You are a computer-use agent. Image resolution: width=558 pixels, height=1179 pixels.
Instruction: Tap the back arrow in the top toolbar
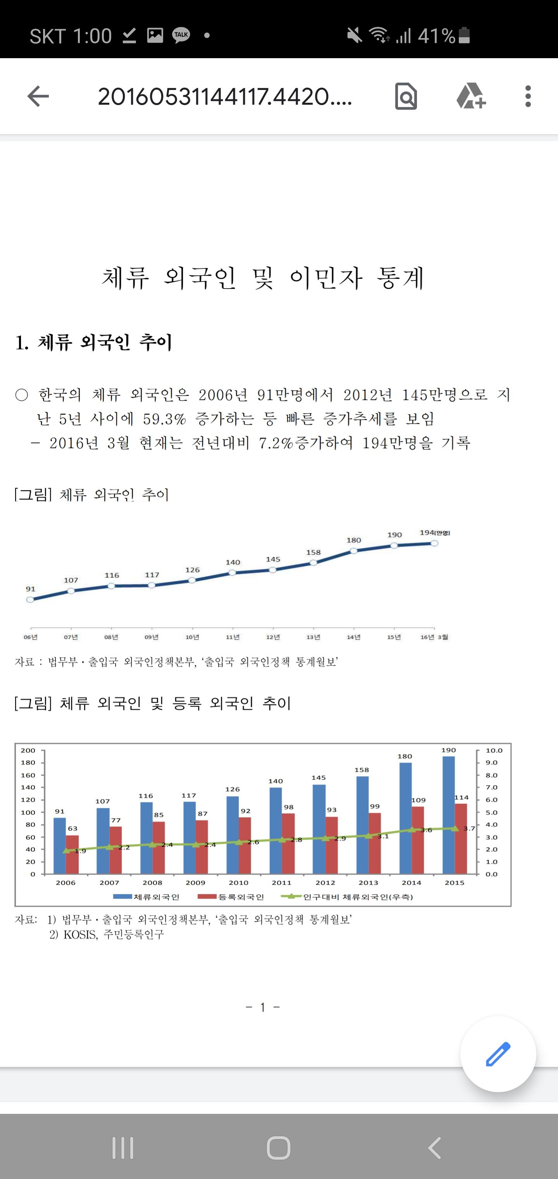[38, 96]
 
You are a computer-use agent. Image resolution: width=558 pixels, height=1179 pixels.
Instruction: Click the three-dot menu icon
[528, 96]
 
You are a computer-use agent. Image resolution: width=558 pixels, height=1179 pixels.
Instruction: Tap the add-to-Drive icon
[471, 96]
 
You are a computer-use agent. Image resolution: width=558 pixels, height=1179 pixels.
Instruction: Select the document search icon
[406, 96]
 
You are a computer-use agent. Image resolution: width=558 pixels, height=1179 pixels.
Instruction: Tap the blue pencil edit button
[498, 1054]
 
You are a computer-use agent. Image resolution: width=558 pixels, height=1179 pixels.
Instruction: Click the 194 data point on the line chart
[434, 543]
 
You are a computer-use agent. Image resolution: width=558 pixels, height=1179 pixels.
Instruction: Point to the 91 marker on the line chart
[30, 600]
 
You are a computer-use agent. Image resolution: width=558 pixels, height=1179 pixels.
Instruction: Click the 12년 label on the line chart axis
[273, 637]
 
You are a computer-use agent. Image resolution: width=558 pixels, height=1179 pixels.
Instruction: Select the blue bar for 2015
[449, 815]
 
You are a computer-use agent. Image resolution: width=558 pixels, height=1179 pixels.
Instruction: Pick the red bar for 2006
[72, 854]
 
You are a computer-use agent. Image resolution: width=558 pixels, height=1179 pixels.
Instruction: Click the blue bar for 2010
[232, 835]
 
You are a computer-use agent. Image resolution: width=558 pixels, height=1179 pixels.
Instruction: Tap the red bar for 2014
[418, 840]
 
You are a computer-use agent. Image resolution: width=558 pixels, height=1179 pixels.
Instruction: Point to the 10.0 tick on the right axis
[494, 750]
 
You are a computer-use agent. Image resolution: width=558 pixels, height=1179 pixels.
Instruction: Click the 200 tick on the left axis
[28, 750]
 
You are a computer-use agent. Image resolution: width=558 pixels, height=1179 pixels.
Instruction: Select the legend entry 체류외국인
[146, 897]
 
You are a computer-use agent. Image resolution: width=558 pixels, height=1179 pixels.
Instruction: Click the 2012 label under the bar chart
[325, 882]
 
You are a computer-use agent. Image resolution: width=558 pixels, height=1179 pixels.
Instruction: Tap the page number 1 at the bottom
[263, 1007]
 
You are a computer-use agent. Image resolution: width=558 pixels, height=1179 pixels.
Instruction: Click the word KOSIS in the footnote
[81, 934]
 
